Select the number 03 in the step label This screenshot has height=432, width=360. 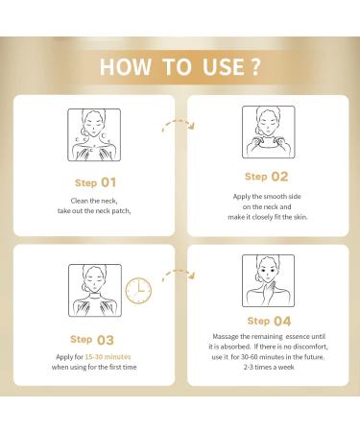click(x=105, y=340)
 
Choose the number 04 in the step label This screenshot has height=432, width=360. click(x=280, y=321)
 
